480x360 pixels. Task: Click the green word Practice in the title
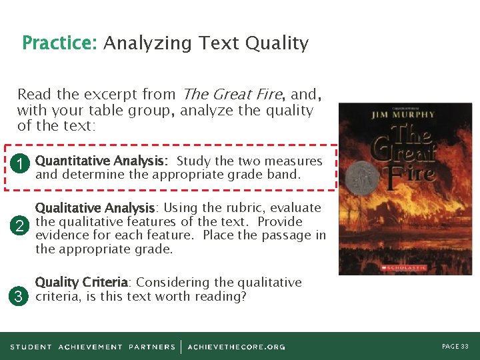(59, 43)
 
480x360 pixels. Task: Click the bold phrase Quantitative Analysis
(101, 161)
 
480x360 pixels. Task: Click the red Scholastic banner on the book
(404, 267)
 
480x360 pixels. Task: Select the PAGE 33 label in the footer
(455, 347)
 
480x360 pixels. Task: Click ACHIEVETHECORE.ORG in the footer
(237, 347)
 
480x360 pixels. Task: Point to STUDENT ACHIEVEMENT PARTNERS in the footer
(93, 347)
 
